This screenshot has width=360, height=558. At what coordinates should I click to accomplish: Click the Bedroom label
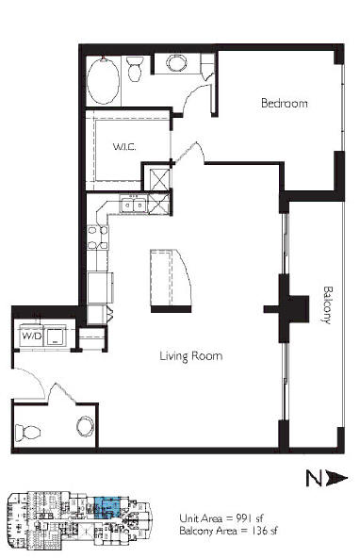284,103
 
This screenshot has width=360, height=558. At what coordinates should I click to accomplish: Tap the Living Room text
191,356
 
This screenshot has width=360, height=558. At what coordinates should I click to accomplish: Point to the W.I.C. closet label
124,147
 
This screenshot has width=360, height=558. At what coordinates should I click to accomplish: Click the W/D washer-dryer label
32,336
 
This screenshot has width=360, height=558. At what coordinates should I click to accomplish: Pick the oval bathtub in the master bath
103,80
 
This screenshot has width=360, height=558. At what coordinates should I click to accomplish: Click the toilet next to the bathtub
135,68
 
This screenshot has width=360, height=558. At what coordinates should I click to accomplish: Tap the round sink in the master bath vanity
177,63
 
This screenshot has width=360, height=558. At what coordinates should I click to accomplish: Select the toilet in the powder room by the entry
27,433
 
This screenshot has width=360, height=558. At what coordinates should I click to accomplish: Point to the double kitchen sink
134,205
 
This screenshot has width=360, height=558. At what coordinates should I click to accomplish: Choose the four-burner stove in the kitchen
98,238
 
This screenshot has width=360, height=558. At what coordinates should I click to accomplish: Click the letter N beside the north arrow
314,478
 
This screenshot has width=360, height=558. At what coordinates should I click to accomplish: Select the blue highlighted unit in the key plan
107,507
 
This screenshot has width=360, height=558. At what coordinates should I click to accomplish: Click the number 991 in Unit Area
244,517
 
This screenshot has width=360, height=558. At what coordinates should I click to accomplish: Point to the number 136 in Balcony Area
258,531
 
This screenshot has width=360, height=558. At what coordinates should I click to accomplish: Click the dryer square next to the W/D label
56,336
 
